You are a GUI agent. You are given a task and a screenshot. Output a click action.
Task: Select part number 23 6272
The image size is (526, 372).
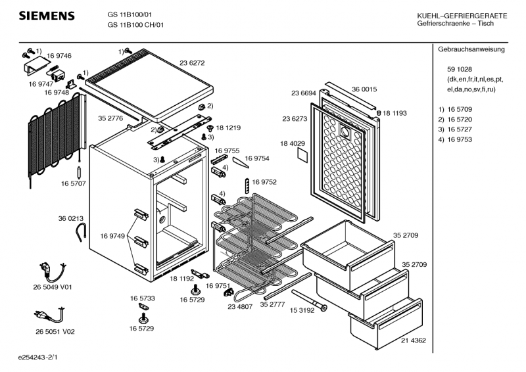point(192,63)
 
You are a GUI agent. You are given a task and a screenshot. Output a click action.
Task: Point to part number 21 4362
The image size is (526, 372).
point(414,340)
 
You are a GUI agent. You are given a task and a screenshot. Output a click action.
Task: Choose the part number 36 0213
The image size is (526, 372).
point(70,218)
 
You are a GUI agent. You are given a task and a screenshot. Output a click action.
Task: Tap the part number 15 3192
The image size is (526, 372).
point(302,310)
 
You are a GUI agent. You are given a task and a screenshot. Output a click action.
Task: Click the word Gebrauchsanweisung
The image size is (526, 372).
point(471,50)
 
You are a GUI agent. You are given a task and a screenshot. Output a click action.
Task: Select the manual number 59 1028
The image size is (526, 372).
point(459,70)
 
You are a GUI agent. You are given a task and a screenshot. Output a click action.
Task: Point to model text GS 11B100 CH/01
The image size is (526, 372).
point(136,25)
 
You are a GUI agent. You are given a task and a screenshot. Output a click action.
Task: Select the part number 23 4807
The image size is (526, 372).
point(241,306)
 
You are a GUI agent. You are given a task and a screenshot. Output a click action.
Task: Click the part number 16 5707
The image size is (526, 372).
point(74,183)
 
